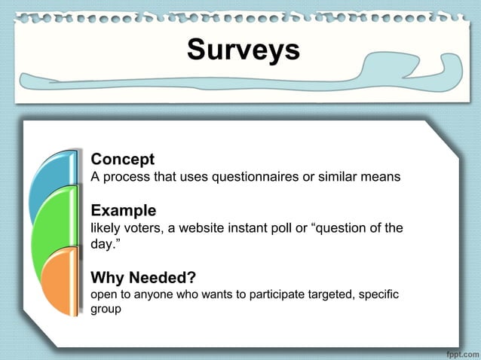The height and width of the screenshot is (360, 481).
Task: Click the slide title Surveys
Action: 243,50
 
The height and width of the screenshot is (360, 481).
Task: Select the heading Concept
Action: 122,160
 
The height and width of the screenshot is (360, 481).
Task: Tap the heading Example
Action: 124,210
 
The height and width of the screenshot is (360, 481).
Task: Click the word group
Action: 106,309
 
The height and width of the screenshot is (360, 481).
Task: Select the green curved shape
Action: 53,226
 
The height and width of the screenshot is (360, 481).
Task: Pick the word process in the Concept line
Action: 124,178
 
